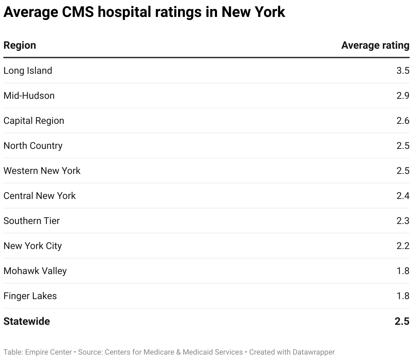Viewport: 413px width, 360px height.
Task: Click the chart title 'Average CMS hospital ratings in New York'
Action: (144, 13)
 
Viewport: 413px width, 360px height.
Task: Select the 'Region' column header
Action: (20, 45)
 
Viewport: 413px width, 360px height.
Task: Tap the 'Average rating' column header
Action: (375, 45)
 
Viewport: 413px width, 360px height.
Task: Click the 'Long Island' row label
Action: (28, 71)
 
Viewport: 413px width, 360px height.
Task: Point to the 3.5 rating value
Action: (403, 71)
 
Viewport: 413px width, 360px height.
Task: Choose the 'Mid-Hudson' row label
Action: (29, 96)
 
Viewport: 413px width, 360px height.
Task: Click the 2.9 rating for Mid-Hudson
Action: (403, 96)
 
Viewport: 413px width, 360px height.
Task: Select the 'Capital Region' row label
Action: (34, 121)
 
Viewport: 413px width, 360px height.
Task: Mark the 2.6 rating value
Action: (403, 121)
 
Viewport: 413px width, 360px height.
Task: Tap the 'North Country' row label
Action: (33, 146)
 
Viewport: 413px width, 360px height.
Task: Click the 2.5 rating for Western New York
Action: (403, 171)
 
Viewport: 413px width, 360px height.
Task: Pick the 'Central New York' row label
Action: (40, 196)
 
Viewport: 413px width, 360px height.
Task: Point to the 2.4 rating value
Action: (403, 196)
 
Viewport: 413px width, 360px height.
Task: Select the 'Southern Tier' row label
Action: (31, 221)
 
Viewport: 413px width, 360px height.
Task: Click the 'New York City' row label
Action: (33, 246)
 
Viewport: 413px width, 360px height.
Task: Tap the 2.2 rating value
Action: (403, 246)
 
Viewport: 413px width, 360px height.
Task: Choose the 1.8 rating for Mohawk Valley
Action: (403, 271)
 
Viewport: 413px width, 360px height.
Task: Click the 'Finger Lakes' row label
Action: (30, 296)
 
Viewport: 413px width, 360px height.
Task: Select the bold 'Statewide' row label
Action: (27, 321)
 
